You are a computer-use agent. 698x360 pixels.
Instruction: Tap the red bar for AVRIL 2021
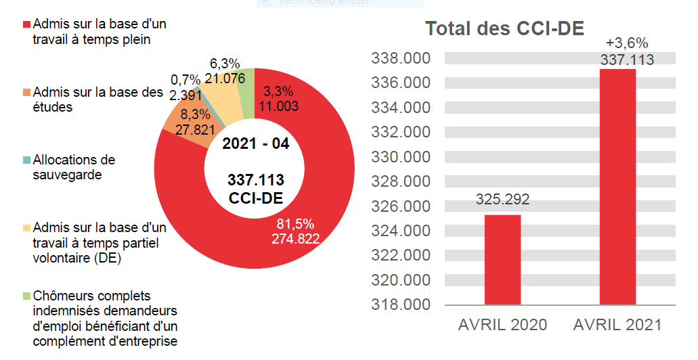pyautogui.click(x=617, y=187)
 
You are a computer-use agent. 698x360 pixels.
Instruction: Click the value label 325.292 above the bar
pyautogui.click(x=502, y=200)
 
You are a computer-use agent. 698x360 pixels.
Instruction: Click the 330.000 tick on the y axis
pyautogui.click(x=401, y=157)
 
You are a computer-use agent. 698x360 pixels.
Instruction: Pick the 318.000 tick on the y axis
pyautogui.click(x=401, y=305)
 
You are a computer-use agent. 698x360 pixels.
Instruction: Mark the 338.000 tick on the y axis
pyautogui.click(x=401, y=59)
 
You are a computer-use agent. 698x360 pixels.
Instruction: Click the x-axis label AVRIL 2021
pyautogui.click(x=617, y=325)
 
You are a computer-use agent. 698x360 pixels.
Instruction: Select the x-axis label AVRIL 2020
pyautogui.click(x=502, y=325)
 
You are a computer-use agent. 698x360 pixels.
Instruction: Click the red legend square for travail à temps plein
pyautogui.click(x=27, y=24)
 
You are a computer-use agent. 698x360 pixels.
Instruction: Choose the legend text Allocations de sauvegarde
pyautogui.click(x=74, y=167)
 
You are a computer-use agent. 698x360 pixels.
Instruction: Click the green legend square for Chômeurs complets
pyautogui.click(x=27, y=296)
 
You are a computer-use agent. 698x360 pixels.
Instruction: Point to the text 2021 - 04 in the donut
pyautogui.click(x=255, y=144)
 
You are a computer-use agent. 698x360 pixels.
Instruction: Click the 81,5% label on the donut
pyautogui.click(x=296, y=224)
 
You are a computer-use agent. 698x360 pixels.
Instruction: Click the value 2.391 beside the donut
pyautogui.click(x=183, y=94)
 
